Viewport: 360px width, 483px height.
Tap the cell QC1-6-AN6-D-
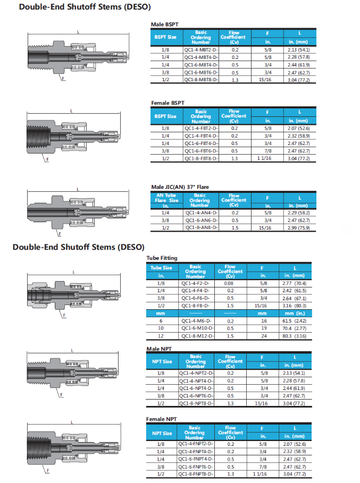(x=200, y=220)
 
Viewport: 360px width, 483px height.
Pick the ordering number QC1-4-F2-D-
(x=196, y=284)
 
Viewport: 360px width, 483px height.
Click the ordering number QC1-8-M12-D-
(x=196, y=336)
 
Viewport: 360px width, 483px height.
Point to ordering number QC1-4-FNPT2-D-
(x=195, y=444)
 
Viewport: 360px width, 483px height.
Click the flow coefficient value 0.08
(x=230, y=284)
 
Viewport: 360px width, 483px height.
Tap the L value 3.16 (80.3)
(x=294, y=306)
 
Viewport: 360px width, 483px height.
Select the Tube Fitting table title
(x=162, y=258)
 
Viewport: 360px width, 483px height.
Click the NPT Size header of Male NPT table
(x=161, y=361)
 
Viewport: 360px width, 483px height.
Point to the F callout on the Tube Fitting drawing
(x=64, y=316)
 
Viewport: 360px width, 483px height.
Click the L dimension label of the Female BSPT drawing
(x=71, y=111)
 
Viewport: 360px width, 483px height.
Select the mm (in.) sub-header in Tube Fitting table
(x=294, y=313)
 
